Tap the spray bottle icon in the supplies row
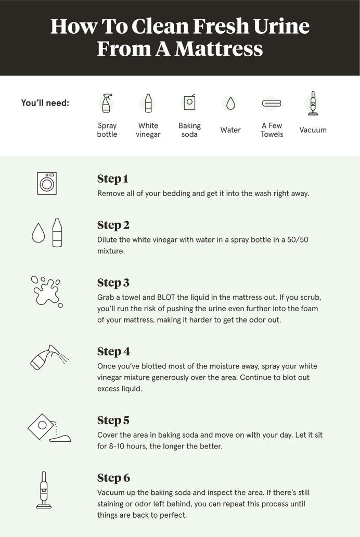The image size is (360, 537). pyautogui.click(x=107, y=103)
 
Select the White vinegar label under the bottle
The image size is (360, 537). pyautogui.click(x=148, y=130)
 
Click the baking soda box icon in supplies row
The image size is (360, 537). pyautogui.click(x=189, y=103)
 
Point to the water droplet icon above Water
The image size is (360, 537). pyautogui.click(x=230, y=104)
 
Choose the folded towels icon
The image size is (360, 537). pyautogui.click(x=272, y=104)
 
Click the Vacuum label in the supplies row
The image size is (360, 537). pyautogui.click(x=313, y=130)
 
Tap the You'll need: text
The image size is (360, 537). pyautogui.click(x=45, y=103)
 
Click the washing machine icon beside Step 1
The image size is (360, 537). pyautogui.click(x=47, y=183)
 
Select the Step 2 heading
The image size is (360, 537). pyautogui.click(x=113, y=225)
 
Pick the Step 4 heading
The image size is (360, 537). pyautogui.click(x=113, y=351)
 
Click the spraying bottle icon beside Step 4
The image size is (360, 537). pyautogui.click(x=48, y=358)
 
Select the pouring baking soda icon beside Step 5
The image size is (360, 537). pyautogui.click(x=48, y=428)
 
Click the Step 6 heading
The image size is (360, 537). pyautogui.click(x=113, y=478)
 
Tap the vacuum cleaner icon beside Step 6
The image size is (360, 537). pyautogui.click(x=44, y=490)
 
